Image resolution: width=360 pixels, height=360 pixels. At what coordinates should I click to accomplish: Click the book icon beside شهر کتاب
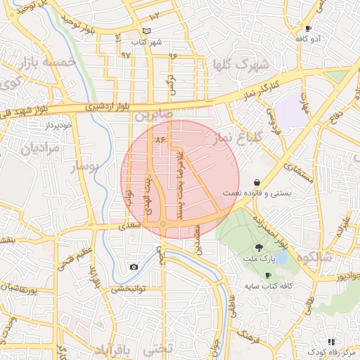pyautogui.click(x=146, y=31)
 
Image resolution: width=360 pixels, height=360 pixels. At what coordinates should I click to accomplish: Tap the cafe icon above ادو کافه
pyautogui.click(x=308, y=28)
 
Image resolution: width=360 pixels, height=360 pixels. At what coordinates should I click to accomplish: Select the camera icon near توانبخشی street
pyautogui.click(x=134, y=267)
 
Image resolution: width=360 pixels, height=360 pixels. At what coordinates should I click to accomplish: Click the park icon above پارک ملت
pyautogui.click(x=259, y=247)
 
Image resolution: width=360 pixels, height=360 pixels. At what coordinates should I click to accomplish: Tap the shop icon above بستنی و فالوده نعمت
pyautogui.click(x=258, y=181)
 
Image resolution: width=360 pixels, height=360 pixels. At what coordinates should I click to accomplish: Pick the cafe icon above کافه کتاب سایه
pyautogui.click(x=268, y=275)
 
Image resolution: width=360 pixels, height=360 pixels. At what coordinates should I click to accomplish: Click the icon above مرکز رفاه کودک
pyautogui.click(x=331, y=341)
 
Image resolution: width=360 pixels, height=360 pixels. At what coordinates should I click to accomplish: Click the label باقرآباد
pyautogui.click(x=112, y=349)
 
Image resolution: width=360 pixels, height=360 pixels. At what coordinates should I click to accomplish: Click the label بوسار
pyautogui.click(x=86, y=167)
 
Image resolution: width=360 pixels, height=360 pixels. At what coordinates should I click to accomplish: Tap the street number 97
pyautogui.click(x=126, y=54)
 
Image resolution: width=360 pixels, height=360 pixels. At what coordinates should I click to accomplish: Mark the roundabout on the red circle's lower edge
pyautogui.click(x=163, y=224)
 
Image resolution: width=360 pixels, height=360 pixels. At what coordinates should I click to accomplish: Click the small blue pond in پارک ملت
pyautogui.click(x=281, y=257)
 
